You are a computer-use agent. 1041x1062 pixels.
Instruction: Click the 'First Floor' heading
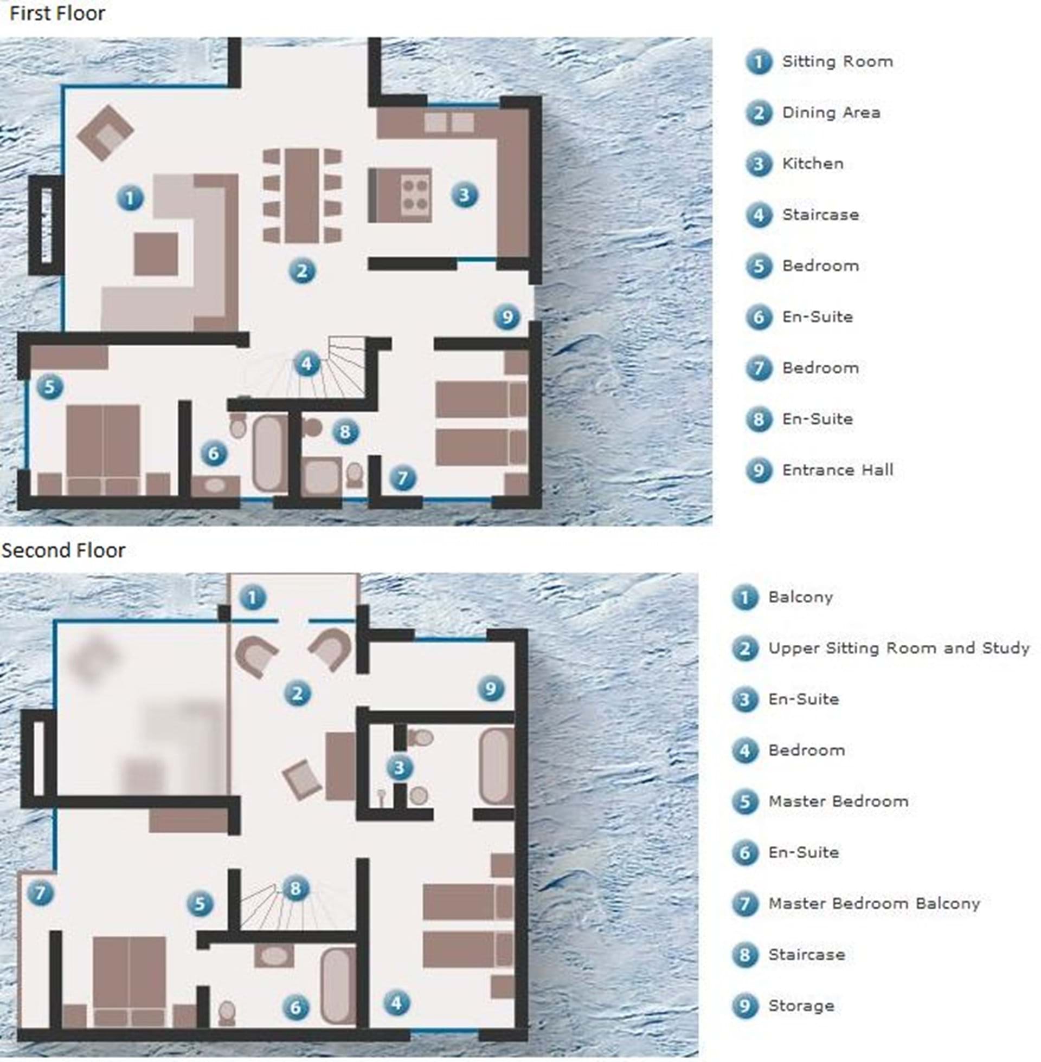[x=57, y=14]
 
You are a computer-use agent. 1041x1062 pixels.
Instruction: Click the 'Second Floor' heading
[x=63, y=550]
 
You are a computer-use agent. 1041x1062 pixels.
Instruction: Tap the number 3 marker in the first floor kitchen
[x=464, y=195]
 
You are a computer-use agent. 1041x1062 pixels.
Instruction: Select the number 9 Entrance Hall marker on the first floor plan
[x=507, y=317]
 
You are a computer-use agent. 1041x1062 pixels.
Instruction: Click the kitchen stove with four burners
[x=415, y=195]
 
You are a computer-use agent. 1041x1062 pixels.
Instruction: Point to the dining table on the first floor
[x=302, y=196]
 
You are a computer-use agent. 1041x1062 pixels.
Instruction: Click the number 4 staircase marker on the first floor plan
[x=307, y=363]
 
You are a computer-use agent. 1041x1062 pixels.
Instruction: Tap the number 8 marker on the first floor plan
[x=345, y=432]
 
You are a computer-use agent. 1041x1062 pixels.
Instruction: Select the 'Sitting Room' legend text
[x=838, y=61]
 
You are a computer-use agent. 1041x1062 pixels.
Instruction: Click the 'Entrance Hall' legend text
[x=838, y=470]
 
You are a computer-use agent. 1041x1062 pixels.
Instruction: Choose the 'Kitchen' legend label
[x=813, y=163]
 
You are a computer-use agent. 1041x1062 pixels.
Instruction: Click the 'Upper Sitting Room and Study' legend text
[x=899, y=648]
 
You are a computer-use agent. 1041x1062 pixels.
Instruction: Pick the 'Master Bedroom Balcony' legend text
[x=874, y=904]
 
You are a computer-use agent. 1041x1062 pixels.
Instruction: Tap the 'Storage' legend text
[x=801, y=1006]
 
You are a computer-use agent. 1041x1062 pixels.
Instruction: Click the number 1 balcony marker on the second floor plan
[x=252, y=598]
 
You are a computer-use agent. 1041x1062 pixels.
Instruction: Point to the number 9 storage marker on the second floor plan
[x=491, y=689]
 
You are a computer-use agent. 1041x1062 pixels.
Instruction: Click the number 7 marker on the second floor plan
[x=41, y=893]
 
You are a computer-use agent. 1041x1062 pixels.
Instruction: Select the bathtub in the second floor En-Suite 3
[x=496, y=767]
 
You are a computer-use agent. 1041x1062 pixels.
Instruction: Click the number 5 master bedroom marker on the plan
[x=200, y=904]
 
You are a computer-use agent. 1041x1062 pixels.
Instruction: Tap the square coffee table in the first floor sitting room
[x=156, y=254]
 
